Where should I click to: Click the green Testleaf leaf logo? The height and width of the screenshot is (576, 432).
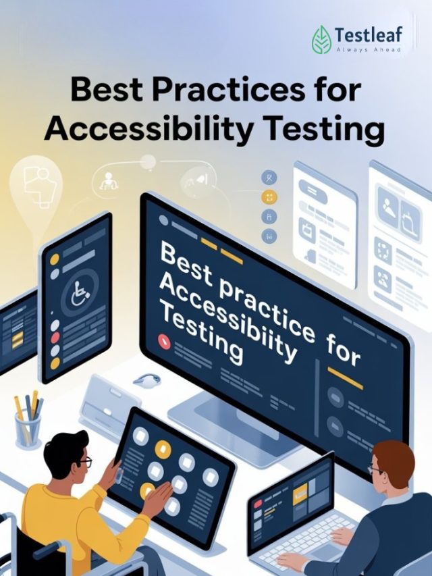pos(322,39)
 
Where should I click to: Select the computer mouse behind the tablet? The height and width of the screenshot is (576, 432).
pos(146,380)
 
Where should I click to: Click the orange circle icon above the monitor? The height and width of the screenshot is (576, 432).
pos(269,197)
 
